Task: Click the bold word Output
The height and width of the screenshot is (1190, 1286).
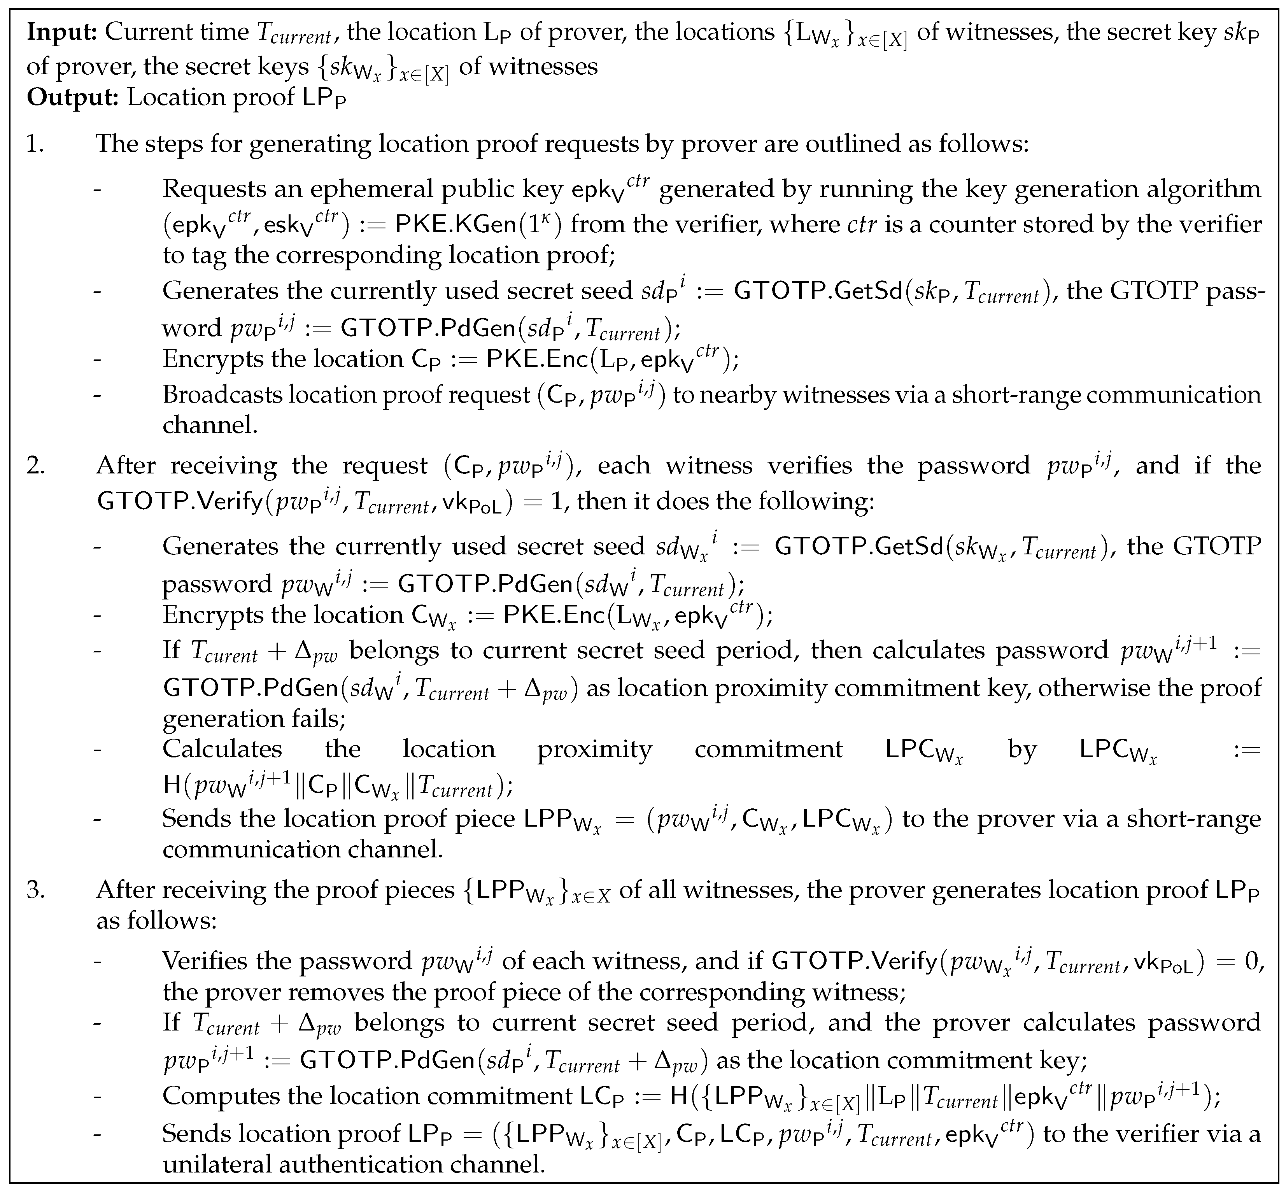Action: click(x=73, y=97)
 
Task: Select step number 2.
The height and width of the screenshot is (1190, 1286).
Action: click(x=35, y=465)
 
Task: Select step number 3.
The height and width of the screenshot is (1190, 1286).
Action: click(x=35, y=889)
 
